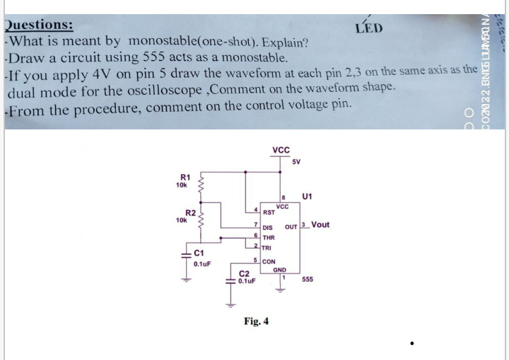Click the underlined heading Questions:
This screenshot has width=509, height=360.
click(x=38, y=24)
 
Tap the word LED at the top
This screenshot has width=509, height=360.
click(x=369, y=28)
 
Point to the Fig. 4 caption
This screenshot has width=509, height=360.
click(x=256, y=322)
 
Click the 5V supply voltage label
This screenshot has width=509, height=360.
click(x=296, y=162)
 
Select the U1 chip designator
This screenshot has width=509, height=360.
click(x=308, y=195)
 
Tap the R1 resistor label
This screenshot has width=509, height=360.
click(x=185, y=177)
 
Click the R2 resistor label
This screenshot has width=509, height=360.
click(x=189, y=213)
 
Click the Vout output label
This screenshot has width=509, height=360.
click(x=320, y=225)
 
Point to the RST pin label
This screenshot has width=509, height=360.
click(x=269, y=211)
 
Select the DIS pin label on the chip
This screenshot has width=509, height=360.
click(x=268, y=228)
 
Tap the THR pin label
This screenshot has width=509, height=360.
click(x=269, y=238)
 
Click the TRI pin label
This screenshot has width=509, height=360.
click(x=267, y=248)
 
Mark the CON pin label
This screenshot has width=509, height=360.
click(x=269, y=262)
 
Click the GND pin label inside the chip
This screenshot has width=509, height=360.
click(x=280, y=269)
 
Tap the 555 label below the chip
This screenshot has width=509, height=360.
click(x=308, y=279)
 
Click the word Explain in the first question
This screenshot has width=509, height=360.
click(x=283, y=40)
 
